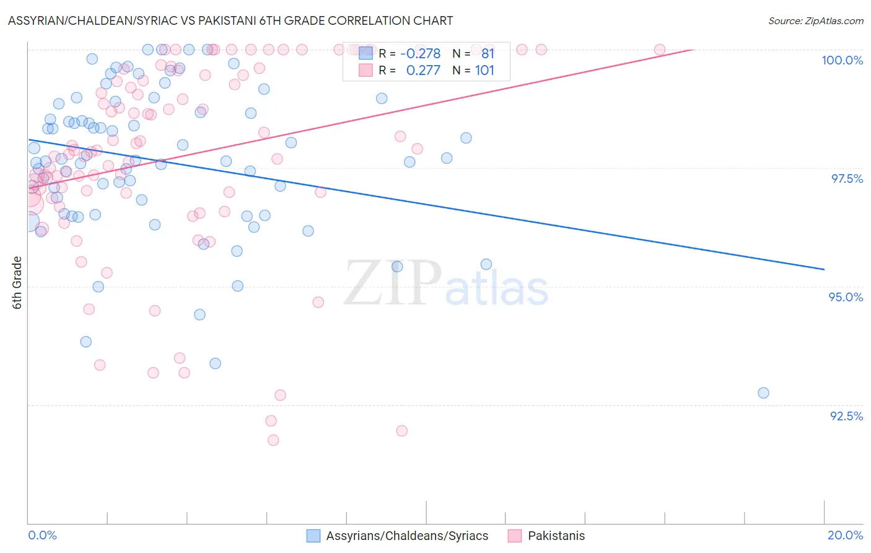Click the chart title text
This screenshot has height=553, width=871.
pyautogui.click(x=230, y=20)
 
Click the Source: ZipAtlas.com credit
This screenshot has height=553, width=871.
pyautogui.click(x=815, y=20)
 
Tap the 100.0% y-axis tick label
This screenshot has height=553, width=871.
pyautogui.click(x=842, y=60)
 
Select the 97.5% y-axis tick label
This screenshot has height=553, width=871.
pyautogui.click(x=846, y=179)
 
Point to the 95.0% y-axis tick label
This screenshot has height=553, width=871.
pyautogui.click(x=846, y=297)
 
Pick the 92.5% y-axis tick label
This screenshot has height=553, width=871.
pyautogui.click(x=846, y=416)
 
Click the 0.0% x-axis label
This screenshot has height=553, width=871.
pyautogui.click(x=42, y=535)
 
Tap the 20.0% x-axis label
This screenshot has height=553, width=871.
pyautogui.click(x=845, y=535)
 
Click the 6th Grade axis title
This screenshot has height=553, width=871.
pyautogui.click(x=17, y=283)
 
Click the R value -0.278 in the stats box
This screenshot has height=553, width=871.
pyautogui.click(x=420, y=53)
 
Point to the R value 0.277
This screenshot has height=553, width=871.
pyautogui.click(x=423, y=70)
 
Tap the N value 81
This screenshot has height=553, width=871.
pyautogui.click(x=488, y=53)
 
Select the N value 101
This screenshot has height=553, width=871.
pyautogui.click(x=484, y=70)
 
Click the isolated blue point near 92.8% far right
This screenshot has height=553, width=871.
pyautogui.click(x=763, y=393)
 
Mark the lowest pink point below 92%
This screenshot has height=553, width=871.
pyautogui.click(x=273, y=440)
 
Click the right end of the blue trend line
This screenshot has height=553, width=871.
pyautogui.click(x=824, y=269)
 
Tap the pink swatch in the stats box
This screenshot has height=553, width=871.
pyautogui.click(x=366, y=70)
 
